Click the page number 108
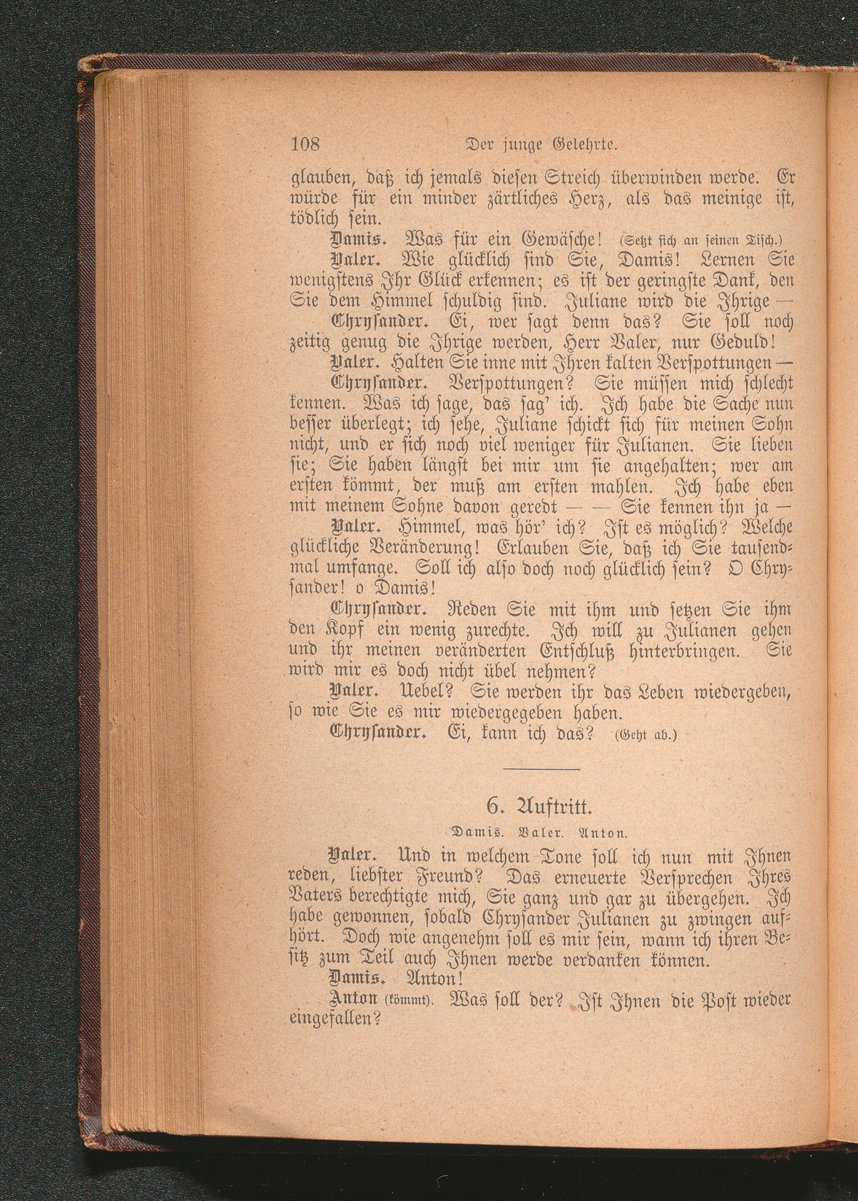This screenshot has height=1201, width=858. click(306, 143)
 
